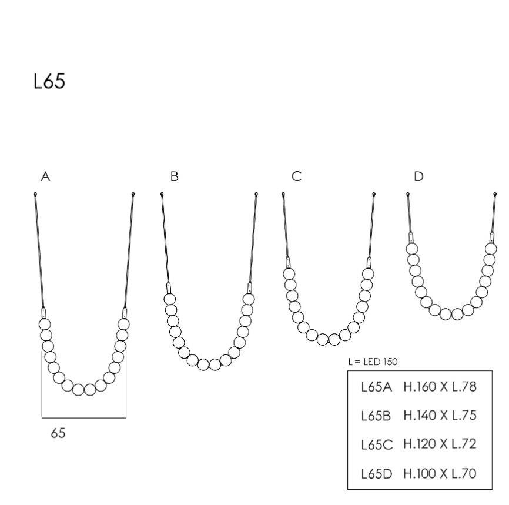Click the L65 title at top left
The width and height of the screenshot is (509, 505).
(49, 81)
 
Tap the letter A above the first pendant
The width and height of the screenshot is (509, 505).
(45, 177)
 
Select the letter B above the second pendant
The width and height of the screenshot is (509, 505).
(175, 176)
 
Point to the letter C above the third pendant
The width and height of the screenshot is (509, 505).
(297, 176)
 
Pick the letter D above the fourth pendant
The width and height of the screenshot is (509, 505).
(418, 176)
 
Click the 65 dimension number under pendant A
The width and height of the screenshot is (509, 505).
(58, 433)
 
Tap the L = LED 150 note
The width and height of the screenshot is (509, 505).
(373, 362)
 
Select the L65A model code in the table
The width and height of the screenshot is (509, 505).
(377, 387)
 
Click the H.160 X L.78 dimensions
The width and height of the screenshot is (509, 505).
(440, 386)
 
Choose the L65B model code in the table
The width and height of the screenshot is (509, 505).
(376, 416)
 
